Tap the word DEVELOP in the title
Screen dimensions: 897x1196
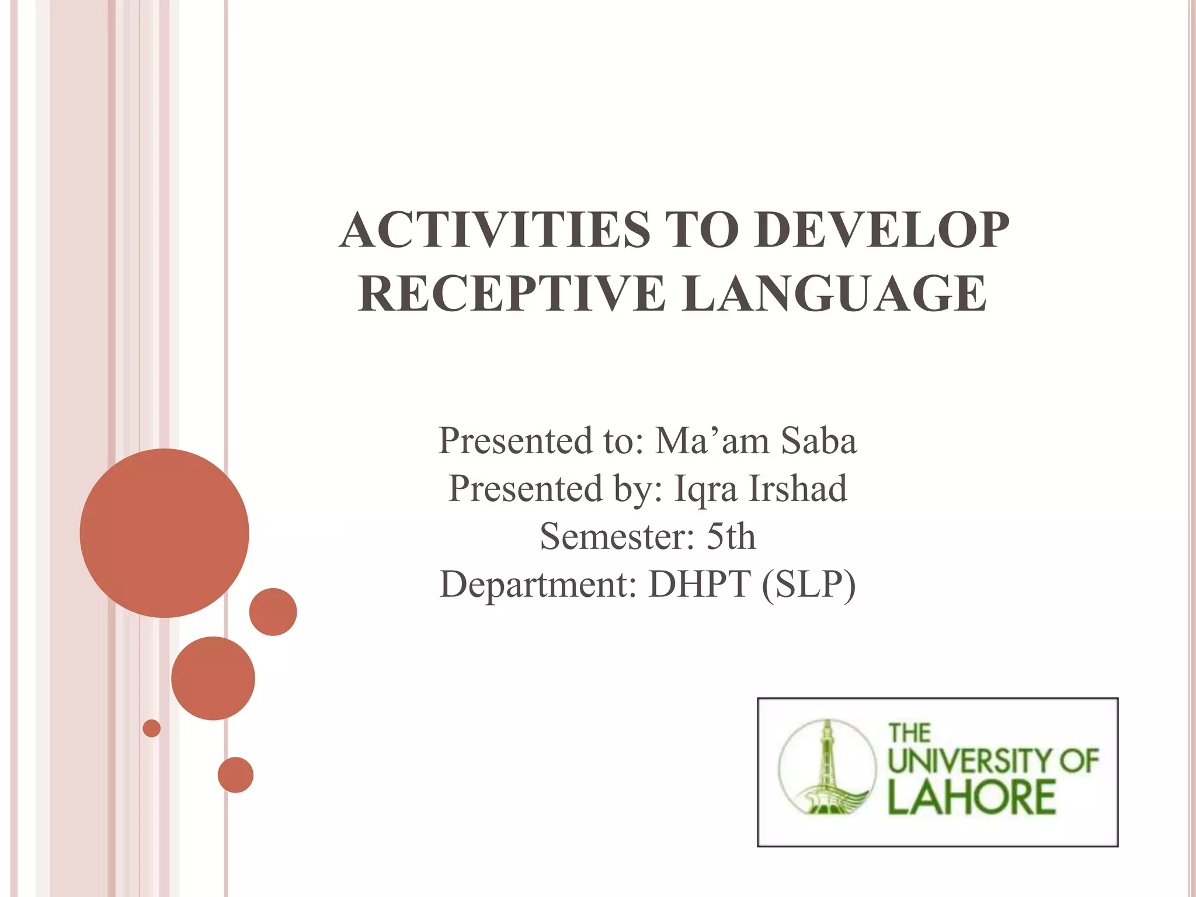(881, 230)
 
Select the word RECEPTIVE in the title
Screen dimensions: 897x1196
(512, 294)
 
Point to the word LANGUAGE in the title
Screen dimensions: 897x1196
(835, 294)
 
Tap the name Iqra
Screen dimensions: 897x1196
(705, 489)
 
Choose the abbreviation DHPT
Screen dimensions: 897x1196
(699, 584)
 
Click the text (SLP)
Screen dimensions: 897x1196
(808, 585)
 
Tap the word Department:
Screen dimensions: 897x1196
(538, 585)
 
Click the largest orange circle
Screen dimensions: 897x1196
(165, 533)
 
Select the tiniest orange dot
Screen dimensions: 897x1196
(152, 728)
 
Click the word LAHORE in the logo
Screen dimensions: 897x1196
(971, 798)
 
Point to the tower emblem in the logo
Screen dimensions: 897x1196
(828, 767)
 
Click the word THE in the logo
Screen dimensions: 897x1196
(909, 733)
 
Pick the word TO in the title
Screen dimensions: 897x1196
(701, 230)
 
